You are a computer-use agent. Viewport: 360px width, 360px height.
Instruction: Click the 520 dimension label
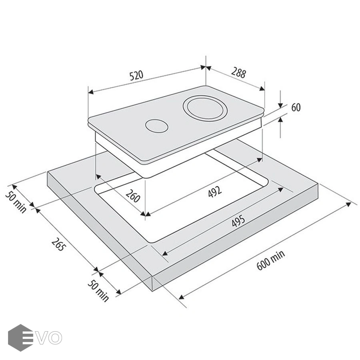tap(136, 75)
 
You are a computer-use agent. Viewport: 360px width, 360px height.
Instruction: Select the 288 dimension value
tap(238, 72)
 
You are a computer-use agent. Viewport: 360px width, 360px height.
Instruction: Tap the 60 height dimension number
tap(296, 108)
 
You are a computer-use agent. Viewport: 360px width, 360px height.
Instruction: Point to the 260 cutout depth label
tap(133, 196)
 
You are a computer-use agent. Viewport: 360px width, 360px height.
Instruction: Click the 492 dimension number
tap(215, 192)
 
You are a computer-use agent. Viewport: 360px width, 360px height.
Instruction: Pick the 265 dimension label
tap(59, 244)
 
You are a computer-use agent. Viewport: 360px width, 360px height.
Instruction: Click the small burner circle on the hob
tap(156, 126)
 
